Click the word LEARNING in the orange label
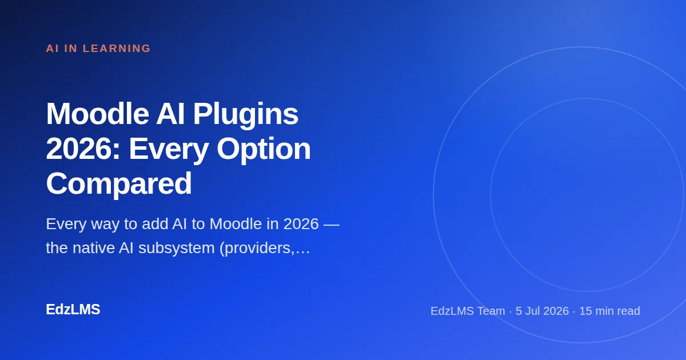pos(117,49)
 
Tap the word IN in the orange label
pos(71,49)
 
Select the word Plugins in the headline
pos(246,115)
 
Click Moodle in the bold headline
pos(97,114)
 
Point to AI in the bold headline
pos(170,114)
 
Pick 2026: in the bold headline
pos(83,149)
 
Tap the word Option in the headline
pos(264,150)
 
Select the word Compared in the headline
pos(119,185)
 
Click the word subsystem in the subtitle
pos(177,248)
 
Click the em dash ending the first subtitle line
pos(332,225)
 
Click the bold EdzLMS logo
pos(73,309)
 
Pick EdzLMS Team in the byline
pos(468,311)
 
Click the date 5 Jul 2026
pos(542,311)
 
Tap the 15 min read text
pos(609,311)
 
